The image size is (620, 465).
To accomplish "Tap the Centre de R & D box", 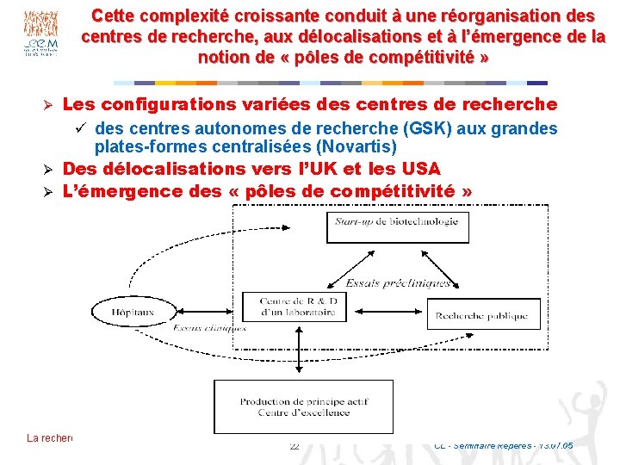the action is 298,306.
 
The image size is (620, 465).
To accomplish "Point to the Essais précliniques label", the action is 398,283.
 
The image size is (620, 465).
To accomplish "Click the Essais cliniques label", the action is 210,328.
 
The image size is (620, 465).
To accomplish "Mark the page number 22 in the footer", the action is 294,445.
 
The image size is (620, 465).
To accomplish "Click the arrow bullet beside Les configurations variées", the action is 50,105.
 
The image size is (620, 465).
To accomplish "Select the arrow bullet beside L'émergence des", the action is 50,191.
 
